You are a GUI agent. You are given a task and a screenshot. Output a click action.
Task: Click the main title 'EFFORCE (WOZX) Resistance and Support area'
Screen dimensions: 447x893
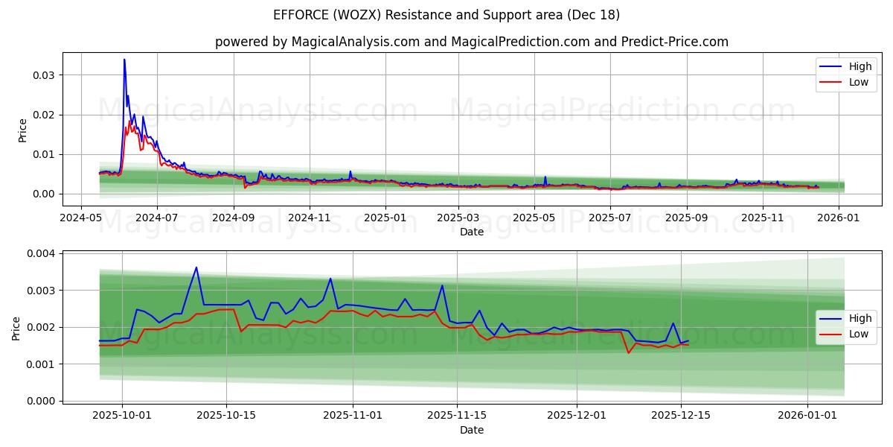coord(446,15)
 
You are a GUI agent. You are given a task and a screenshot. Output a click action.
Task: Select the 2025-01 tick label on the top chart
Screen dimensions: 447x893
coord(385,218)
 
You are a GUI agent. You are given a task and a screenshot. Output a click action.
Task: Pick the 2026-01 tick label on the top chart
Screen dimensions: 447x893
coord(839,218)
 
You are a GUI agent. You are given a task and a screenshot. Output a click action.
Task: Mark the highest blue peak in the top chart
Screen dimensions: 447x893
coord(124,60)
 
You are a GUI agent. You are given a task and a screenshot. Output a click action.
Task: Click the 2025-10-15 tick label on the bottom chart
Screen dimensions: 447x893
coord(226,416)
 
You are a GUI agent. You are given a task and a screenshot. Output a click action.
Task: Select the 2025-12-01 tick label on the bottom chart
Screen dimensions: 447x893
coord(576,416)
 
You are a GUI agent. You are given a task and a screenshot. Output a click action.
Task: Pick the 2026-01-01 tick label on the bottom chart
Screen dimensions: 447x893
coord(807,416)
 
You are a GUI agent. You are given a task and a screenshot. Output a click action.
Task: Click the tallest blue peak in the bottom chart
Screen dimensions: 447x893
coord(196,267)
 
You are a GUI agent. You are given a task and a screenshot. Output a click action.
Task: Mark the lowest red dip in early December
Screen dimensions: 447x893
coord(628,352)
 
